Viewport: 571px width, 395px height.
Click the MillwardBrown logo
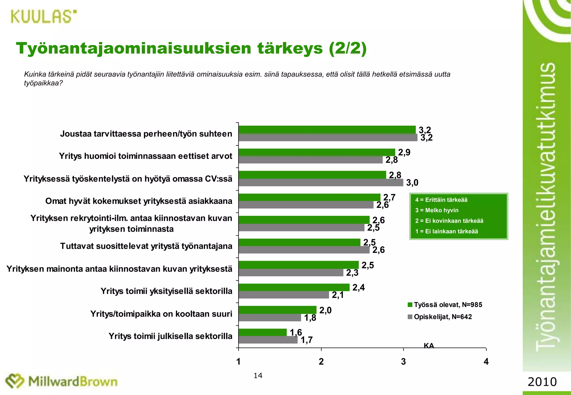click(61, 381)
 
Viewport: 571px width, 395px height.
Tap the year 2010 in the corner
click(542, 382)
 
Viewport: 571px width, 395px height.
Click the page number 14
click(258, 376)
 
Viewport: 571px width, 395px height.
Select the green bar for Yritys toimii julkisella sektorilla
click(262, 332)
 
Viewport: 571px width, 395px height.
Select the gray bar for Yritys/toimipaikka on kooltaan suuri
click(270, 318)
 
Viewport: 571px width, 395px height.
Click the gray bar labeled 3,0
click(321, 182)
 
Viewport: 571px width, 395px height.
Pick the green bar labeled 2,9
click(317, 152)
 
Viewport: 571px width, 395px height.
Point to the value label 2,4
click(359, 287)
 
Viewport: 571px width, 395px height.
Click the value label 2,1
click(338, 295)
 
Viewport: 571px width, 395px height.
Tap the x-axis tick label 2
click(321, 362)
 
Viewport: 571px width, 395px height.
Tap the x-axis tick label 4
click(486, 362)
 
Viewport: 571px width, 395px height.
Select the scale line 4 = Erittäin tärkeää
click(441, 200)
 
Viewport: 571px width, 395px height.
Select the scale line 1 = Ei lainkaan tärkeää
click(446, 231)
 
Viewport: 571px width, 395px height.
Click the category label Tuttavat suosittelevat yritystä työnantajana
click(146, 246)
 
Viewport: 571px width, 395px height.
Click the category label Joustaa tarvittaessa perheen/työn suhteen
click(146, 134)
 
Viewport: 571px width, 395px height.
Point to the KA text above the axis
click(429, 346)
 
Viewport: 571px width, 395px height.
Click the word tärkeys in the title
click(290, 48)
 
